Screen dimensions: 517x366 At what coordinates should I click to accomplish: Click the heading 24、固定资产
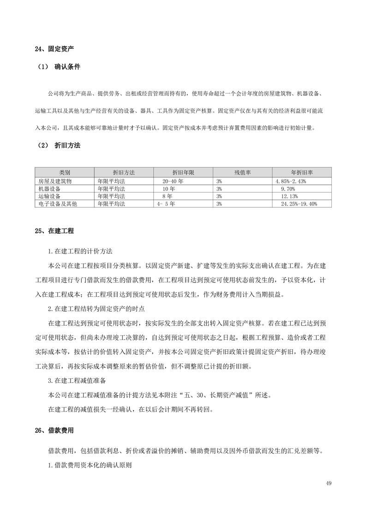(x=54, y=48)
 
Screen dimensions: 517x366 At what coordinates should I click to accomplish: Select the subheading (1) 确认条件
(x=59, y=67)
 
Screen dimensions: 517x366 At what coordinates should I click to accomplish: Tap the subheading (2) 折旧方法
(x=59, y=145)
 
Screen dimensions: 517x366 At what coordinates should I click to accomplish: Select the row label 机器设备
(x=49, y=188)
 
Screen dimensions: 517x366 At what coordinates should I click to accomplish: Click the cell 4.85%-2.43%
(x=294, y=181)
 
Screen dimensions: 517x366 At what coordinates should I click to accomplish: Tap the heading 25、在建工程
(x=54, y=230)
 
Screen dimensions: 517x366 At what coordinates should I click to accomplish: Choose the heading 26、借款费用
(x=54, y=431)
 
